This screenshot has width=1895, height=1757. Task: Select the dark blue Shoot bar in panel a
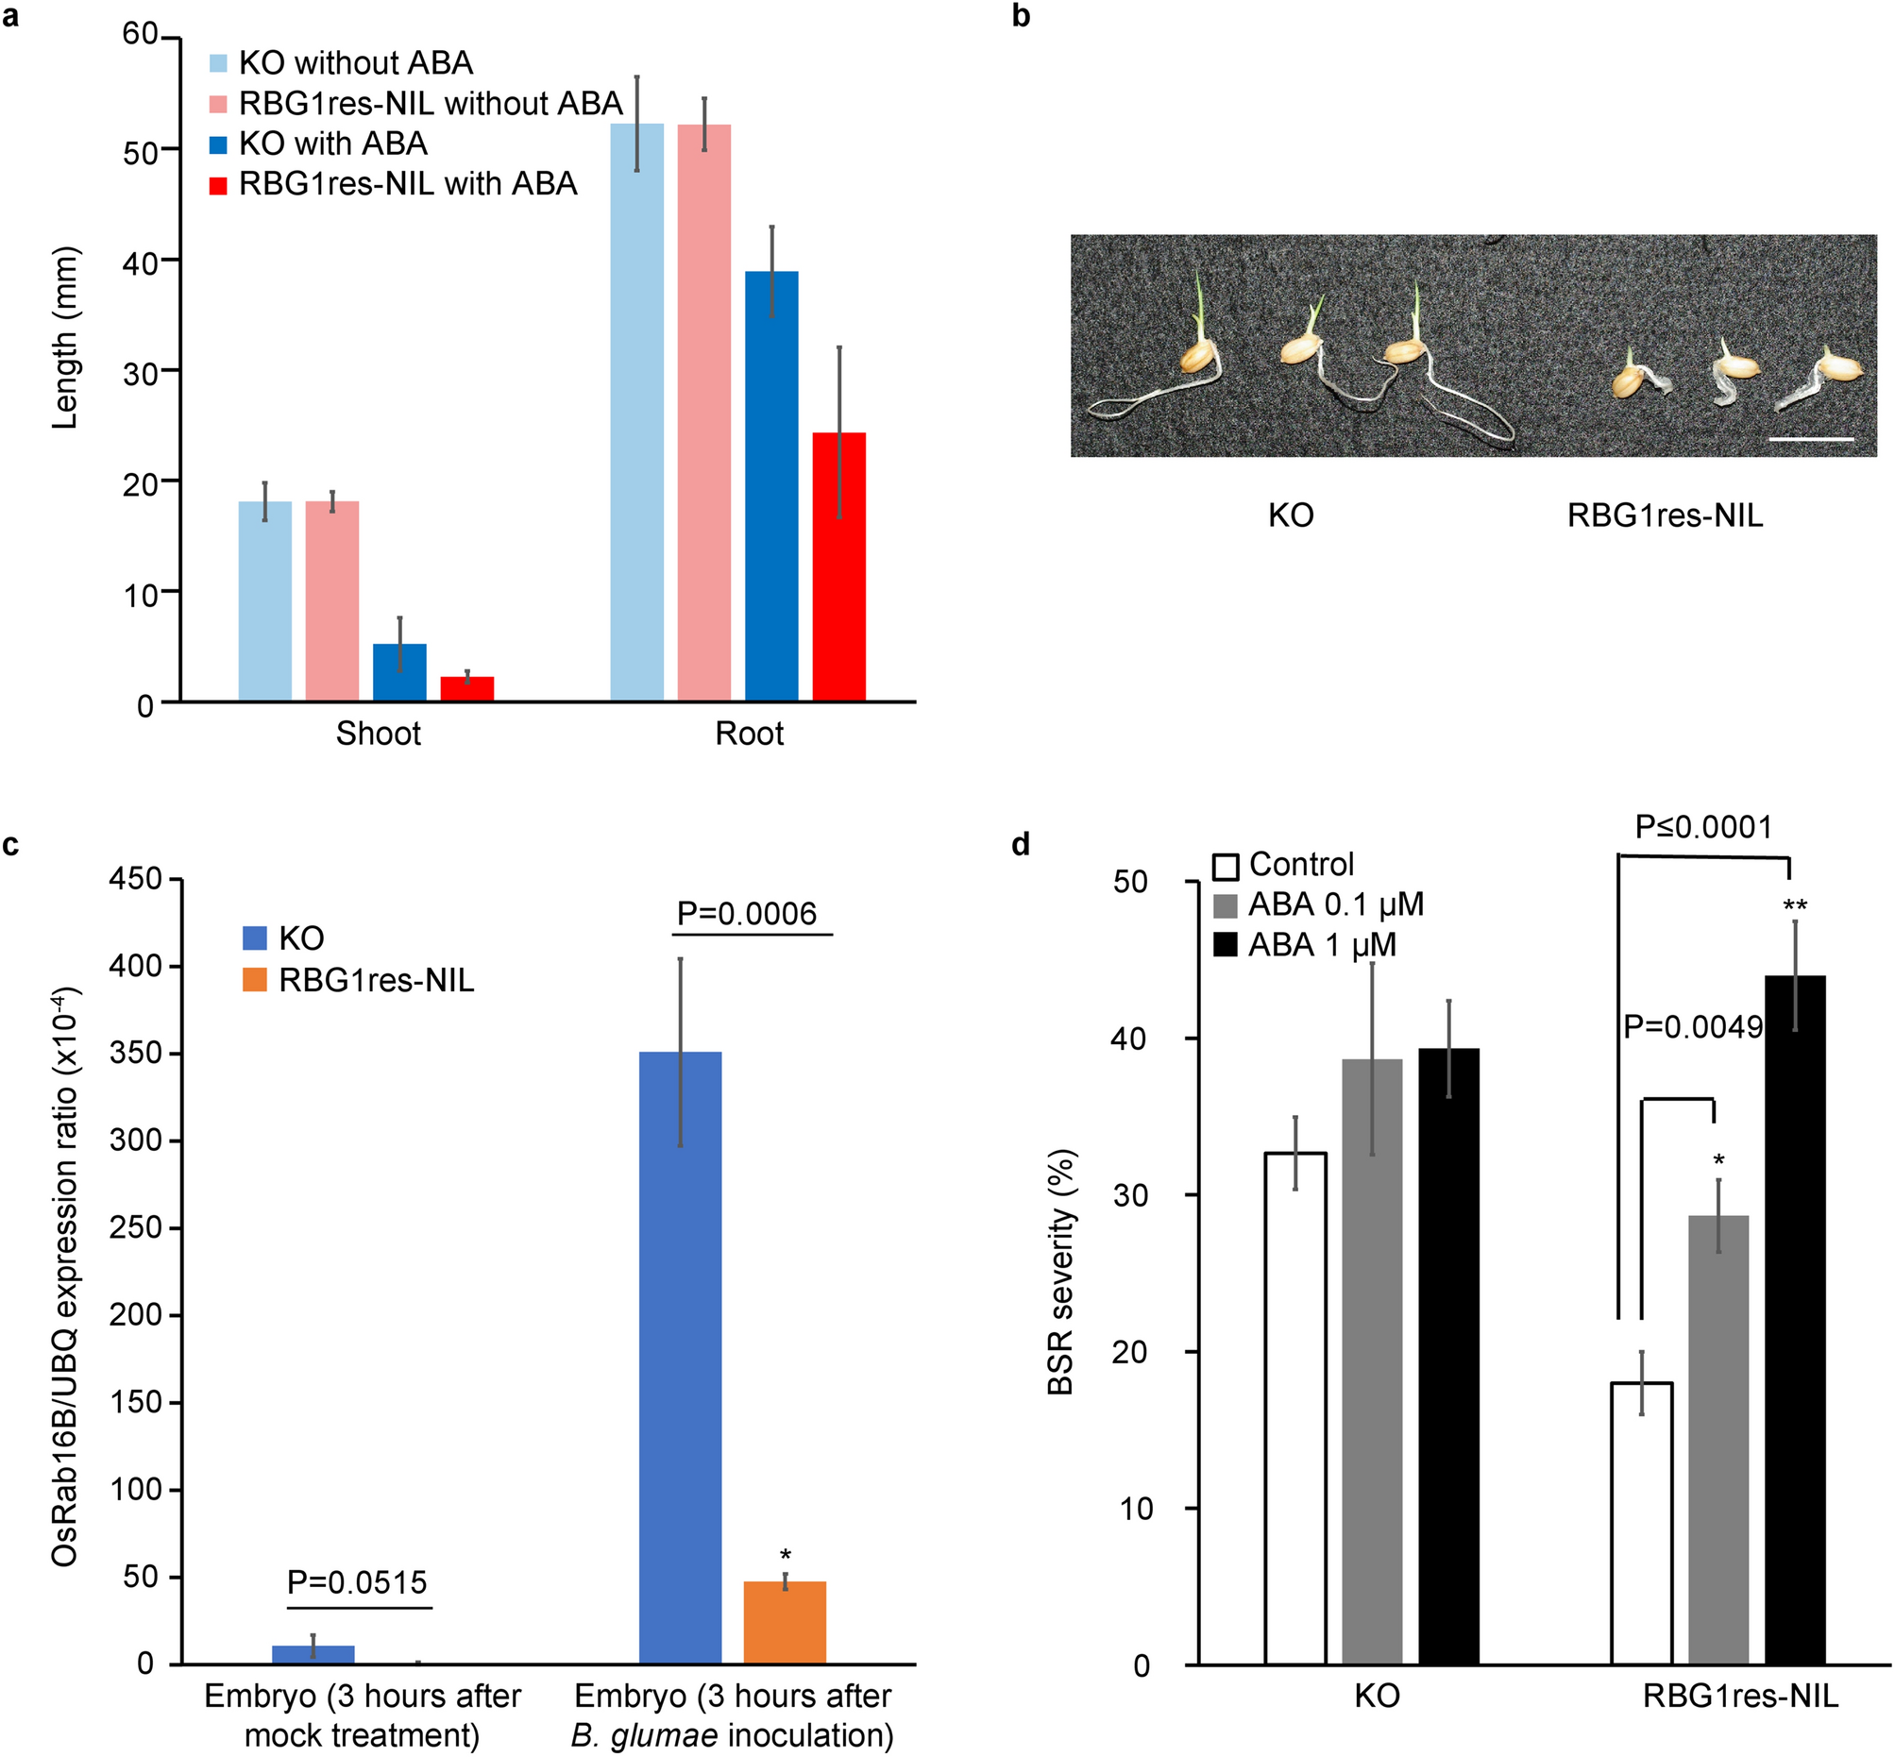tap(399, 672)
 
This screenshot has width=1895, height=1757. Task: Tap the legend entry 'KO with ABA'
tap(332, 144)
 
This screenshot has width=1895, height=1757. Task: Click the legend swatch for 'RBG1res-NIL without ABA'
tap(219, 104)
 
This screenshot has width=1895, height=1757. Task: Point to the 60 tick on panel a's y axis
tap(140, 35)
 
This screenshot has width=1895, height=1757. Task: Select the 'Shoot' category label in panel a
tap(378, 734)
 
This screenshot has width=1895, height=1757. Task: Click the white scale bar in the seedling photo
tap(1811, 439)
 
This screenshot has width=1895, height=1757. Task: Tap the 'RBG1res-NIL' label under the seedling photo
tap(1664, 515)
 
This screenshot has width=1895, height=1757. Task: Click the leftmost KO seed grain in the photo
tap(1198, 358)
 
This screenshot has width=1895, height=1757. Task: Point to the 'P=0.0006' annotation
tap(747, 914)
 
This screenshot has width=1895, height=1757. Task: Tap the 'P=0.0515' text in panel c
tap(358, 1582)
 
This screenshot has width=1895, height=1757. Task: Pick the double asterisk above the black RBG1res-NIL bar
tap(1795, 906)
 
